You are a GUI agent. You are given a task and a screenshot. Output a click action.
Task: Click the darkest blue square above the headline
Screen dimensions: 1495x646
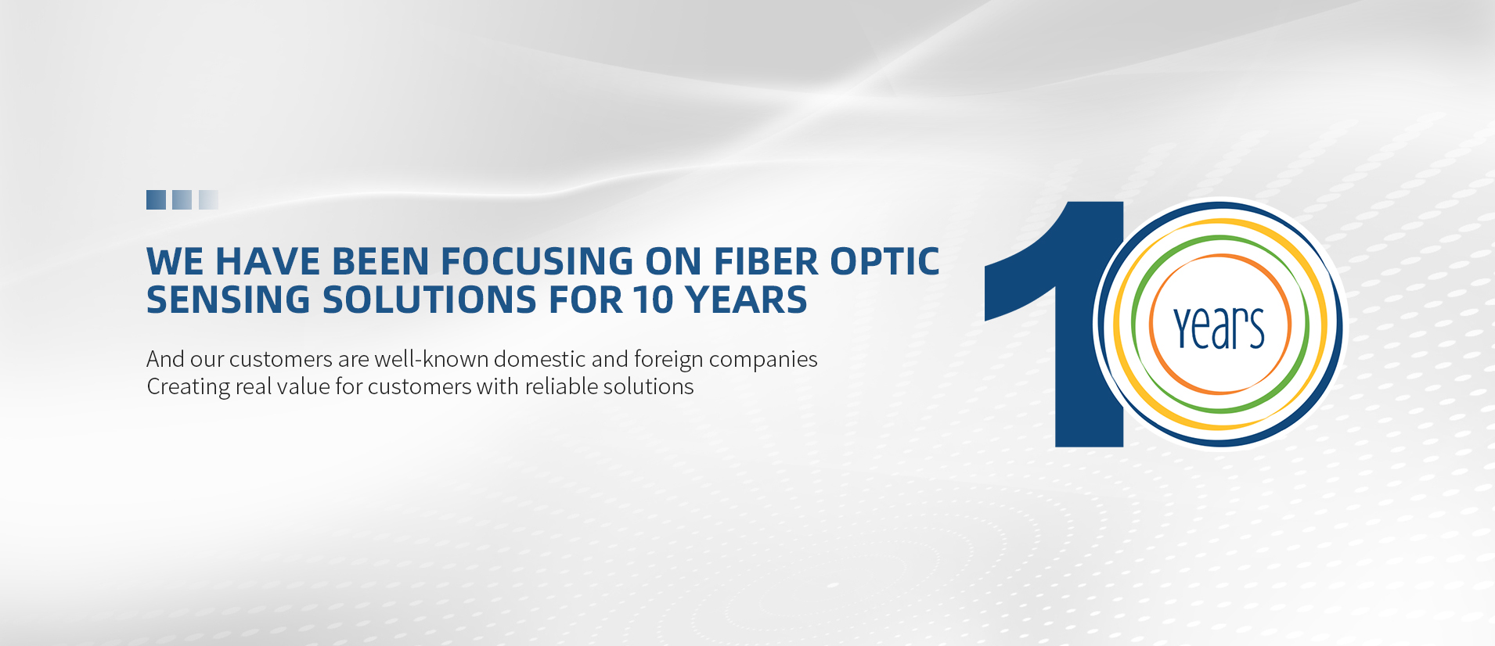click(x=156, y=199)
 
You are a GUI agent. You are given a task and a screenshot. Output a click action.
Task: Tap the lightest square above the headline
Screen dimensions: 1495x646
click(x=208, y=199)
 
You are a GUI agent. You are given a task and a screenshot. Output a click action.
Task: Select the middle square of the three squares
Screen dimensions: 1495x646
click(x=182, y=199)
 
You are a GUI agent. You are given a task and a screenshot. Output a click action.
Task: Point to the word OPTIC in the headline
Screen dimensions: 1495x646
click(x=884, y=261)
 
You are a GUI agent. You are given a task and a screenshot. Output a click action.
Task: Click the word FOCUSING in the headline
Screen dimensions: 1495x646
click(x=537, y=261)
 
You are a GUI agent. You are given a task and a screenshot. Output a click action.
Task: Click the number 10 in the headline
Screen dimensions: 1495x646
click(x=654, y=300)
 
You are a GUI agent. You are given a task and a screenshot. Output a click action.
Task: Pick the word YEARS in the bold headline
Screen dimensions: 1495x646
click(x=746, y=300)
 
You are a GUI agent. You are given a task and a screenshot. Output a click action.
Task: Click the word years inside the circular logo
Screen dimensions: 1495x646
click(x=1219, y=328)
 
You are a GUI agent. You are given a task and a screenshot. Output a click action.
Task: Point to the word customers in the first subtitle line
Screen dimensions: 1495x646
click(x=281, y=359)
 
